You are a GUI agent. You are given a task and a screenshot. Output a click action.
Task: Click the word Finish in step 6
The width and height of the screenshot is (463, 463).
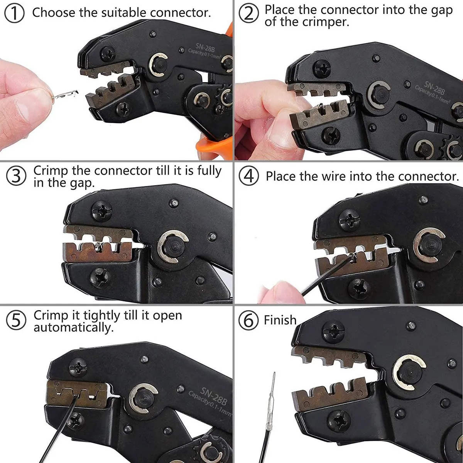click(280, 320)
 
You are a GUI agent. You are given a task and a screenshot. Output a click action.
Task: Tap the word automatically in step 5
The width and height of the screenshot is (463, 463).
click(73, 328)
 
